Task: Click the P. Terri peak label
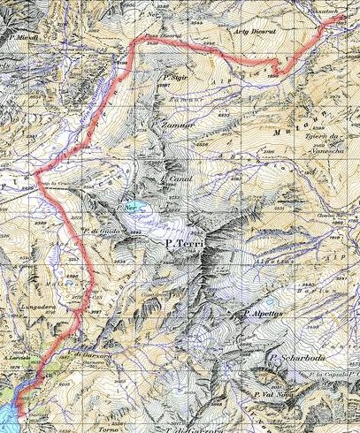click(186, 239)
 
